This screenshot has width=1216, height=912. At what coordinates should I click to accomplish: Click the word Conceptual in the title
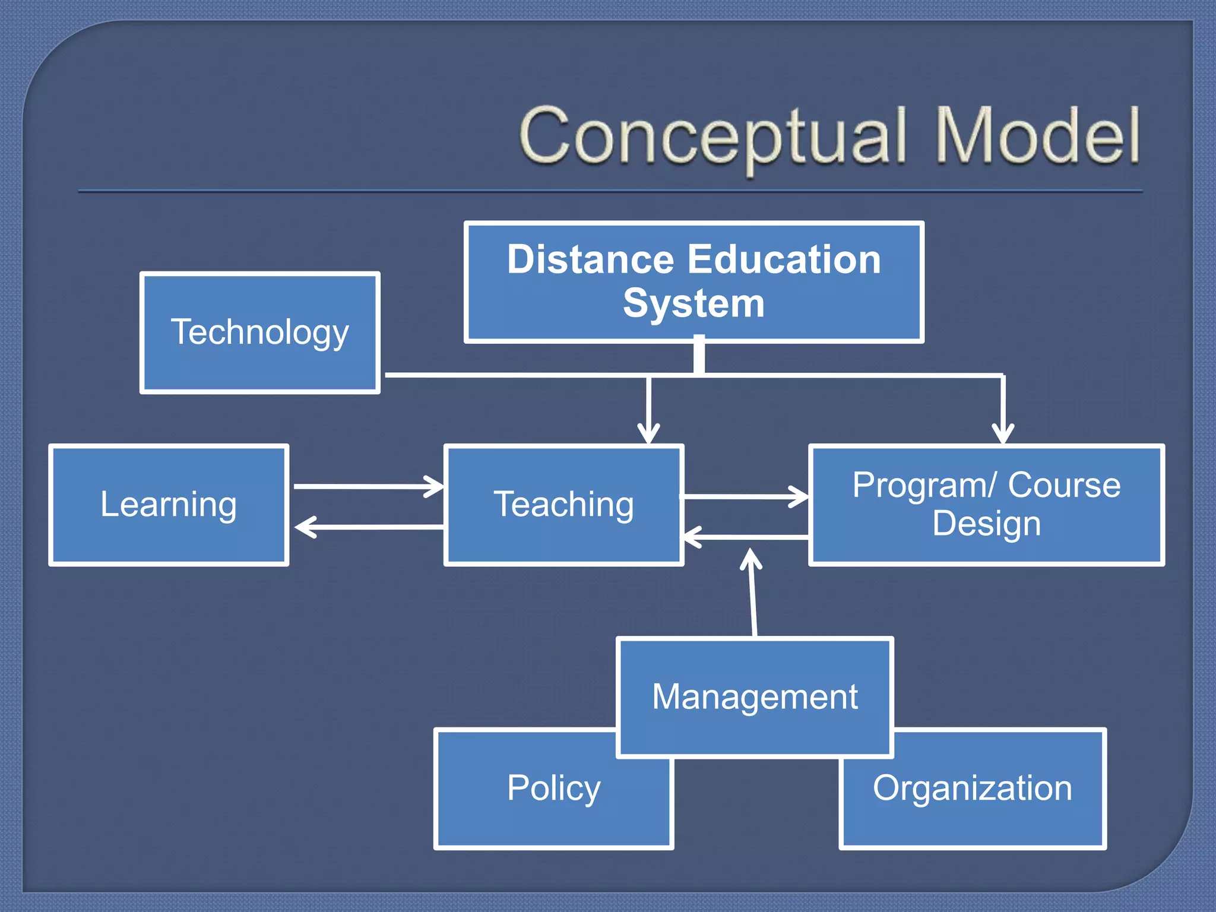coord(712,137)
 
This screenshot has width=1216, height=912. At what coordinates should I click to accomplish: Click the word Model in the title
coord(1038,137)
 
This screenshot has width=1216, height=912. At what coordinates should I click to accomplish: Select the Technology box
coord(259,332)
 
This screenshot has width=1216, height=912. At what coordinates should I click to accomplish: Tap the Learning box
coord(169,505)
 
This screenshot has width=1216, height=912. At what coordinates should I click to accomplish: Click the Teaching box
coord(563,505)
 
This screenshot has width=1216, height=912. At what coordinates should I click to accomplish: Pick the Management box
coord(755,696)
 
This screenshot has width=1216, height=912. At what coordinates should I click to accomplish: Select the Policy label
coord(553,788)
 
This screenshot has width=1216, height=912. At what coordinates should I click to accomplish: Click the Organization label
coord(973,788)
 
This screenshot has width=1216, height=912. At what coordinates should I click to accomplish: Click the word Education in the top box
coord(784,260)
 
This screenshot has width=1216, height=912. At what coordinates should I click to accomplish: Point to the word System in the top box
coord(693,303)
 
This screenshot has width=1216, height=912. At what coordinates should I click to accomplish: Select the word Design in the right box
coord(986,524)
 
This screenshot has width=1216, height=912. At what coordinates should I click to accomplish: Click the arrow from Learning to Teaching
coord(368,487)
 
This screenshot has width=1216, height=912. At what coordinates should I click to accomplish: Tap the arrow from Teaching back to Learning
coord(368,527)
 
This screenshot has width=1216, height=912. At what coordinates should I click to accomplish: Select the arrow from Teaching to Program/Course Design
coord(745,496)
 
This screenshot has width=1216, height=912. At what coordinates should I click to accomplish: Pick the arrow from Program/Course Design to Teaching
coord(745,537)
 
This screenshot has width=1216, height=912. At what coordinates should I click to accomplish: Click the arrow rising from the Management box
coord(753,594)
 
